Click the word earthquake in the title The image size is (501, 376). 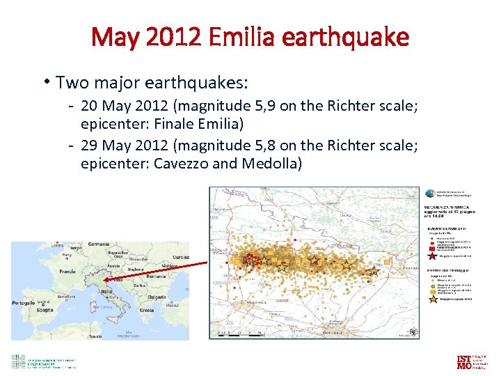[x=346, y=36]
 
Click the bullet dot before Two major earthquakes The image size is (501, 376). [x=45, y=82]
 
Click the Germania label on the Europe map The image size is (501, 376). [x=98, y=244]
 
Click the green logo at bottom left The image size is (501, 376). [x=19, y=361]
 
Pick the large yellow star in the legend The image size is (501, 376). [x=434, y=300]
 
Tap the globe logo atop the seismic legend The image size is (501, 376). [x=431, y=194]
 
